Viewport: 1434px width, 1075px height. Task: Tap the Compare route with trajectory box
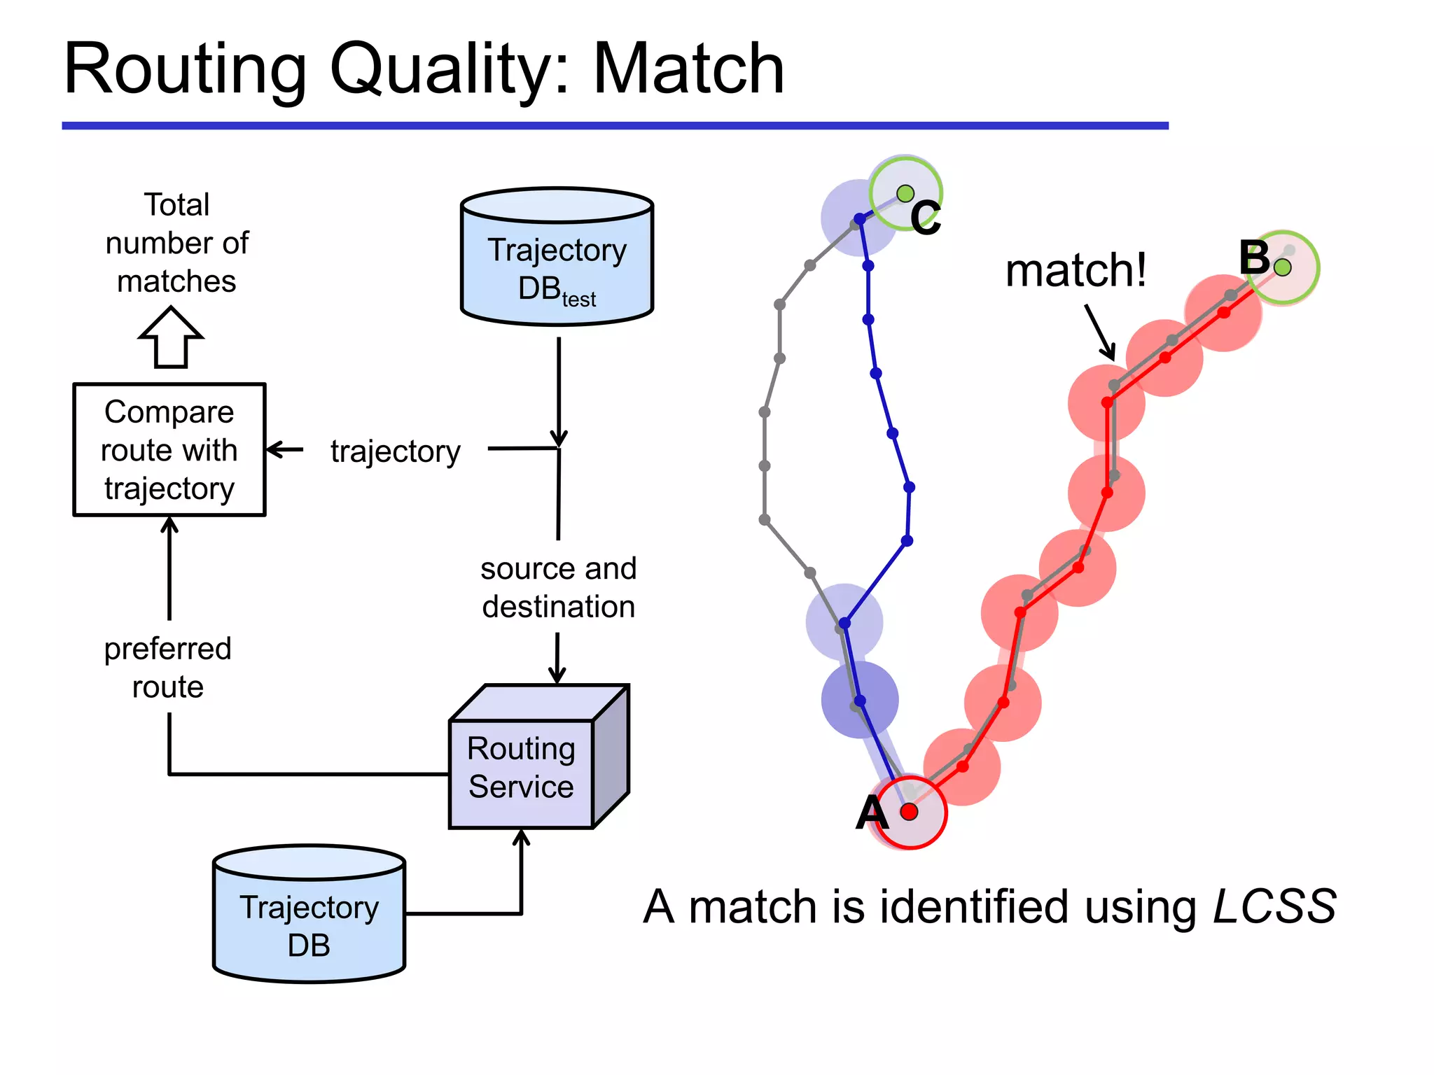[x=169, y=450]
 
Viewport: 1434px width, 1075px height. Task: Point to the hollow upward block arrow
[x=171, y=338]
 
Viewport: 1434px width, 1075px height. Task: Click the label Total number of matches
[x=176, y=243]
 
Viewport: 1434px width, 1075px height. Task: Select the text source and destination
[x=558, y=587]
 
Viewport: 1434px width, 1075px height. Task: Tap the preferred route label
[x=168, y=667]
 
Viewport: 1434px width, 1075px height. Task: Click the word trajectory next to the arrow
[x=396, y=451]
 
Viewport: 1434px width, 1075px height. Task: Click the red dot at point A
[x=909, y=812]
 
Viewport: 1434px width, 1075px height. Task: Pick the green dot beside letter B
[x=1283, y=267]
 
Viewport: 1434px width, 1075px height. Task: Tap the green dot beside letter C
[x=905, y=193]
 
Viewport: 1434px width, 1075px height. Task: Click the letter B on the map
[x=1254, y=257]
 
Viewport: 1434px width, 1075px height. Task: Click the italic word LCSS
[x=1274, y=907]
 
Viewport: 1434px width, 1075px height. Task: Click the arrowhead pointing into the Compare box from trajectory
[x=274, y=449]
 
